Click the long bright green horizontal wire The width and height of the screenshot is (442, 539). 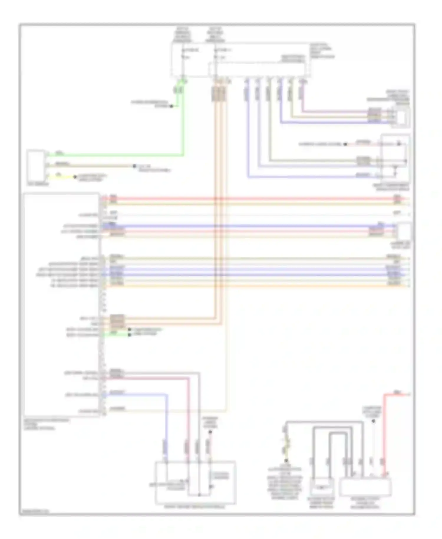coord(118,155)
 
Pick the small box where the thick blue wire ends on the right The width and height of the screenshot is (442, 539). coord(404,232)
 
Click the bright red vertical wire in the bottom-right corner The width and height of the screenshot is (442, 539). coord(384,430)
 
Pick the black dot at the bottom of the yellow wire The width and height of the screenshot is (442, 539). coord(286,460)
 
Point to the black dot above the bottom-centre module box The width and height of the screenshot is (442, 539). coord(210,432)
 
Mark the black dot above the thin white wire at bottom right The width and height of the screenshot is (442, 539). coord(373,421)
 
